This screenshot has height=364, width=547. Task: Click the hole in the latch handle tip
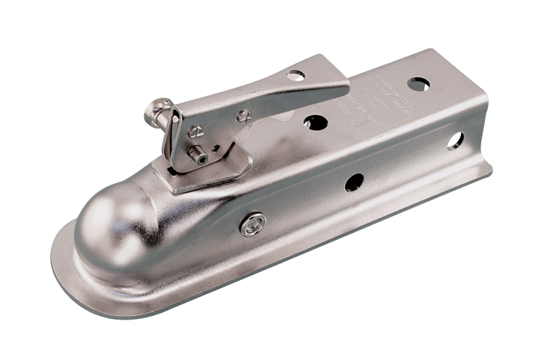[296, 74]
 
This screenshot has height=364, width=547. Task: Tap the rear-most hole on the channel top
[418, 84]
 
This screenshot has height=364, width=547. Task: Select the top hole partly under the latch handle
[315, 122]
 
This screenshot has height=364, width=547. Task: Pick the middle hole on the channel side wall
[354, 182]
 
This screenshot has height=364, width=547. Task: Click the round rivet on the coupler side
[253, 224]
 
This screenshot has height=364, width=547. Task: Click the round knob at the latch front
[155, 112]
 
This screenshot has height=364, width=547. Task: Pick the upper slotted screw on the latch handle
[244, 115]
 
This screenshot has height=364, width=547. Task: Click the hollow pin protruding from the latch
[196, 155]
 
